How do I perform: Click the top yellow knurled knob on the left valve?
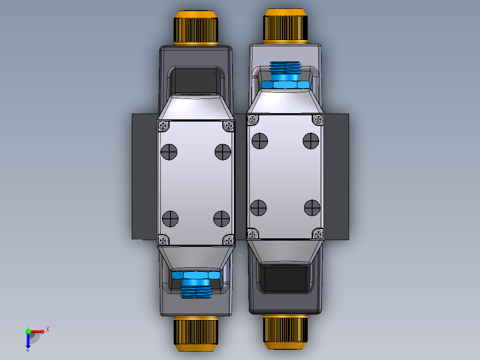tap(195, 28)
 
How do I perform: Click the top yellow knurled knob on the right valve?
tap(285, 26)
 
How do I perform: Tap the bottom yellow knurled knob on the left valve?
tap(195, 331)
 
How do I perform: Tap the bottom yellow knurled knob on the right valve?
tap(285, 331)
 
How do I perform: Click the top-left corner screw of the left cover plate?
tap(163, 126)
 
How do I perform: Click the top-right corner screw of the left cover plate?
tap(228, 126)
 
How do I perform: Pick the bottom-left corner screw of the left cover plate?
tap(163, 240)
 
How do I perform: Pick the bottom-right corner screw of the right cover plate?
tap(318, 233)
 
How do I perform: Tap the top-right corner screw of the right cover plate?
tap(318, 119)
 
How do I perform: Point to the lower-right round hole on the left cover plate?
tap(221, 219)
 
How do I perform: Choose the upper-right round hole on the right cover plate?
tap(311, 141)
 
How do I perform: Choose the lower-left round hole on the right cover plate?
tap(259, 208)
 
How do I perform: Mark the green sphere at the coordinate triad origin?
tap(28, 331)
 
